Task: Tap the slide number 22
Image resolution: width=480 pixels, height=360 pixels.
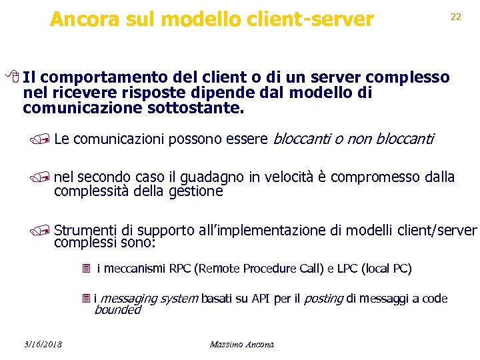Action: pyautogui.click(x=456, y=17)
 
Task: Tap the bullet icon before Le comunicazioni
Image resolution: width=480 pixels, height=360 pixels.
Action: pyautogui.click(x=45, y=139)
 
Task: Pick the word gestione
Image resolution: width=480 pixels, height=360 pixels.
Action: pyautogui.click(x=195, y=191)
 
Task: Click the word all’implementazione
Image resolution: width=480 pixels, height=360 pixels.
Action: pyautogui.click(x=263, y=231)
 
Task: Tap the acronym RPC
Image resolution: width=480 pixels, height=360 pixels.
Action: pyautogui.click(x=180, y=269)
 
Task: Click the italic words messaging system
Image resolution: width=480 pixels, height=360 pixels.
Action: pyautogui.click(x=149, y=299)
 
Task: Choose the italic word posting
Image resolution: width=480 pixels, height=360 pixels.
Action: pyautogui.click(x=323, y=299)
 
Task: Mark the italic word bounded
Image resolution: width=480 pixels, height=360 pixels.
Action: pyautogui.click(x=117, y=310)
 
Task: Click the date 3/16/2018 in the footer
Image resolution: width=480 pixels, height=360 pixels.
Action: pyautogui.click(x=41, y=345)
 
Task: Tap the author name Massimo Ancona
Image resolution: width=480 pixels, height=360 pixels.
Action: pyautogui.click(x=241, y=345)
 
